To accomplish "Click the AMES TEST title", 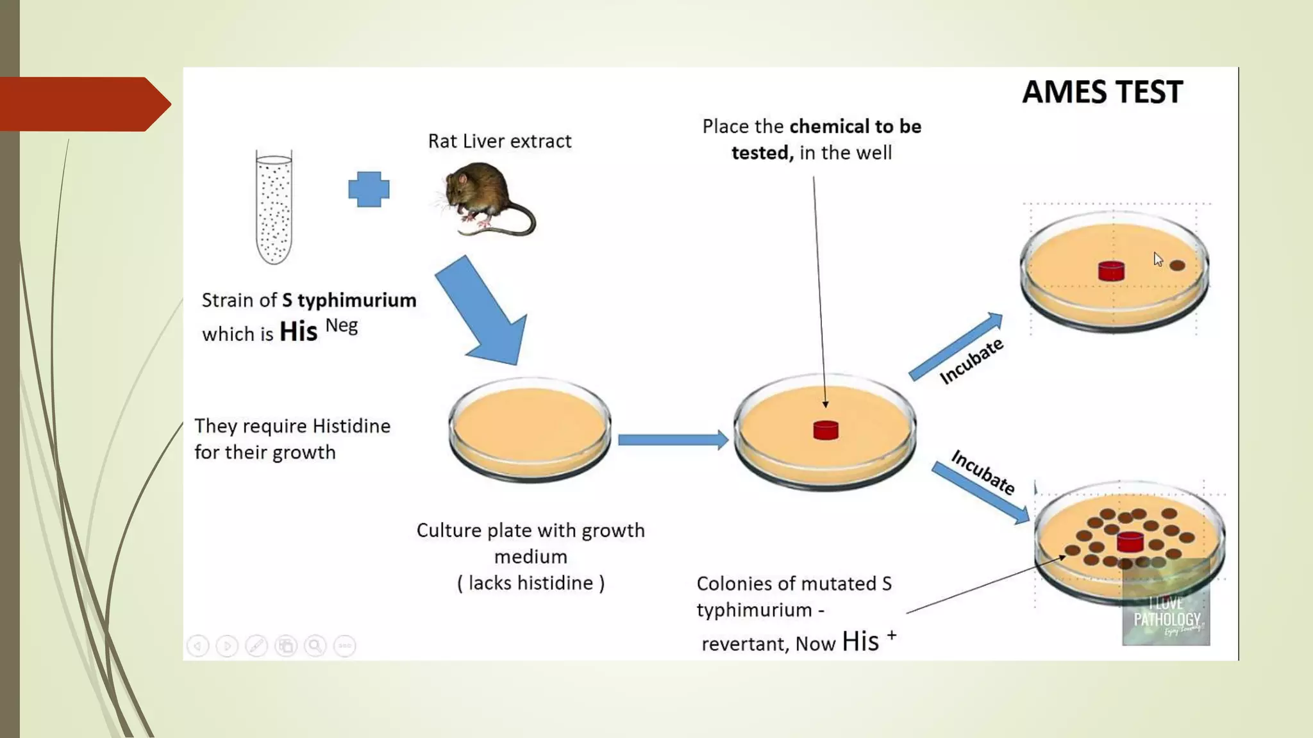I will [x=1102, y=92].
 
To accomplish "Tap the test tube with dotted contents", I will [x=274, y=208].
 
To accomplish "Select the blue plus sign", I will [x=369, y=190].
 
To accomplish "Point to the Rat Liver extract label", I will [x=499, y=142].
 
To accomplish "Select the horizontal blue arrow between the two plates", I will [x=673, y=439].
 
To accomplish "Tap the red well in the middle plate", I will [x=826, y=430].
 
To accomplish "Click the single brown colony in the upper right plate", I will [x=1177, y=265].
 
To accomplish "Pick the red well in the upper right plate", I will [x=1111, y=271].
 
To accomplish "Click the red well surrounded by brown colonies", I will [x=1130, y=542].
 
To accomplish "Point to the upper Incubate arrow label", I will [x=971, y=361].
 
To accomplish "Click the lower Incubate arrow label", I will [x=983, y=473].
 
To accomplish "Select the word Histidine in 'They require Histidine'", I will [x=351, y=427].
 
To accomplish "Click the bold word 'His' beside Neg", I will [x=298, y=332].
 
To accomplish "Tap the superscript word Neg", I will [x=342, y=326].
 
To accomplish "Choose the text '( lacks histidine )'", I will [x=531, y=583].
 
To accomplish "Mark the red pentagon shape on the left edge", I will [x=83, y=104].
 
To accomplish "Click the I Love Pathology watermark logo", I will [x=1166, y=612].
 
